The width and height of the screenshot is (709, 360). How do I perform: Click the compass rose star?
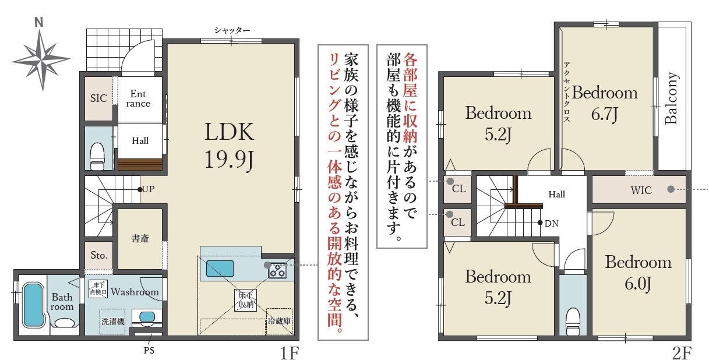41,59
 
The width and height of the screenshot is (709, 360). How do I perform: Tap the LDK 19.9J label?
229,145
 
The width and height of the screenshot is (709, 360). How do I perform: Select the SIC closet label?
98,98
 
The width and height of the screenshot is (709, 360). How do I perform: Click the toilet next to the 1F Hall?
97,156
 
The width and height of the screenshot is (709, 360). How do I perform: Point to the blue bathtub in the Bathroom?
33,305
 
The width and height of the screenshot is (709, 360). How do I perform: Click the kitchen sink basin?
220,269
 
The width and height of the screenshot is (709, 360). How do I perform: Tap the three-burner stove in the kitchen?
277,271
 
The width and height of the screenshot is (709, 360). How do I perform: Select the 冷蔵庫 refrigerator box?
279,321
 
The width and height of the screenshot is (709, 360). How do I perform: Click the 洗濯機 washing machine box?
112,322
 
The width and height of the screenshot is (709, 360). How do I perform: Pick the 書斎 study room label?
140,238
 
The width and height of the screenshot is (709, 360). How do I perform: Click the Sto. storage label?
99,255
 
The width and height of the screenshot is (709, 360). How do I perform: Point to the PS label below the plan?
149,351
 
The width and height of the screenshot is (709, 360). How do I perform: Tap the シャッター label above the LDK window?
232,30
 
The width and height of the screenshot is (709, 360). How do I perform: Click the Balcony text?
671,98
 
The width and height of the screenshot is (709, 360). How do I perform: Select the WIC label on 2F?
641,190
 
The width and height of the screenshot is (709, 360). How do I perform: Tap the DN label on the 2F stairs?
551,224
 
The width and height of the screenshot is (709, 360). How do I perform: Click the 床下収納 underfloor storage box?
246,300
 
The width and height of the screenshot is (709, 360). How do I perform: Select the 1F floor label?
290,353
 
